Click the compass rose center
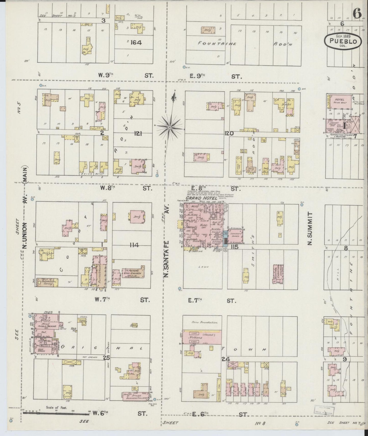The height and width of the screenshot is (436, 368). (x=169, y=127)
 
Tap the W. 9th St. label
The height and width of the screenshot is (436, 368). (x=124, y=75)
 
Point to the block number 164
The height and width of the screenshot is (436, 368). (x=136, y=42)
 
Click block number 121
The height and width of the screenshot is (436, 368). (x=138, y=134)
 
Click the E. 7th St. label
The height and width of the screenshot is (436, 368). (x=212, y=301)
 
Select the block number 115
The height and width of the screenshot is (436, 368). (x=235, y=247)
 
